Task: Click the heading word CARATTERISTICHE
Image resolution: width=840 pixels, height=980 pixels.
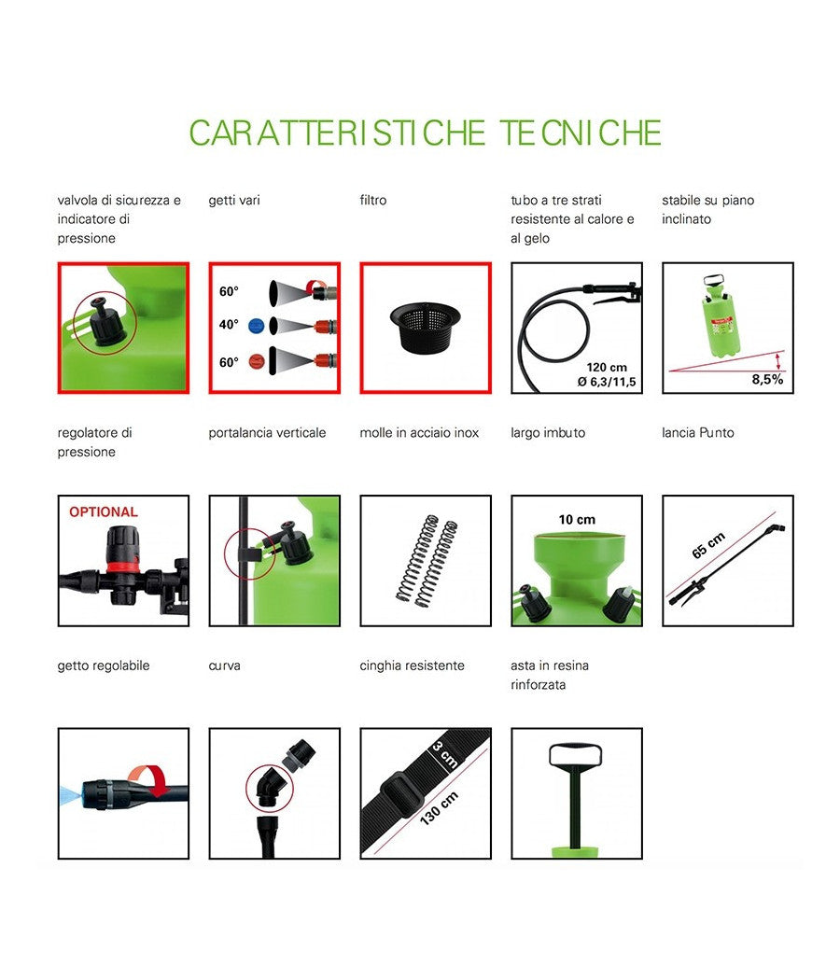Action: click(337, 133)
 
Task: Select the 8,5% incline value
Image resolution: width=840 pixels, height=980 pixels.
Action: click(767, 380)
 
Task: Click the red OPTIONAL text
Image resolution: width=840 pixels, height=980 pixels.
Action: click(103, 512)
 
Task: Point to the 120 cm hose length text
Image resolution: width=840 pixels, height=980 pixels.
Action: click(607, 366)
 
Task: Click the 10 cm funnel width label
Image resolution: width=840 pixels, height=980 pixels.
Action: click(576, 520)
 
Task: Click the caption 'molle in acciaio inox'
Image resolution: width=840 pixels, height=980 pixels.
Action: click(419, 433)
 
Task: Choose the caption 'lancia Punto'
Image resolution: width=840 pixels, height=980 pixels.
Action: click(697, 433)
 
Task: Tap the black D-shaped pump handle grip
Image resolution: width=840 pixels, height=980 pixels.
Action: click(576, 755)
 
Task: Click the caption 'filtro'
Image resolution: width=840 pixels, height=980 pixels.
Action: click(372, 200)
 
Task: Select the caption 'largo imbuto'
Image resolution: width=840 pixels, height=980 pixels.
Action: click(548, 433)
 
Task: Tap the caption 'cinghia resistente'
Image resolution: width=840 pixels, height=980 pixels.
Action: click(412, 665)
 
